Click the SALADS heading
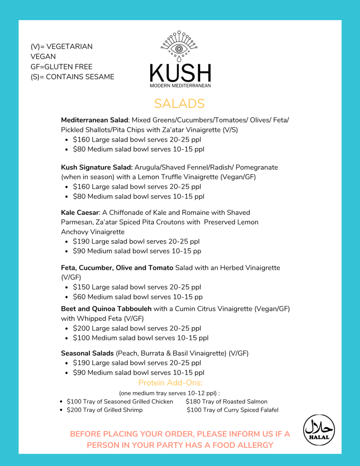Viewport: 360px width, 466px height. click(x=179, y=104)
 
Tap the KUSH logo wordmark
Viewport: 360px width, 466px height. click(x=180, y=73)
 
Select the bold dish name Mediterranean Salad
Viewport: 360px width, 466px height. click(x=95, y=120)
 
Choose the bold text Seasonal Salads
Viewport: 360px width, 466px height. click(x=87, y=353)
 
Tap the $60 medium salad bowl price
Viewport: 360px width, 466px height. click(x=79, y=297)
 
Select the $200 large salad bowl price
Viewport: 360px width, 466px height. click(x=81, y=329)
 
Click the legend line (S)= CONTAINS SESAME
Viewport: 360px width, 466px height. click(x=72, y=76)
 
